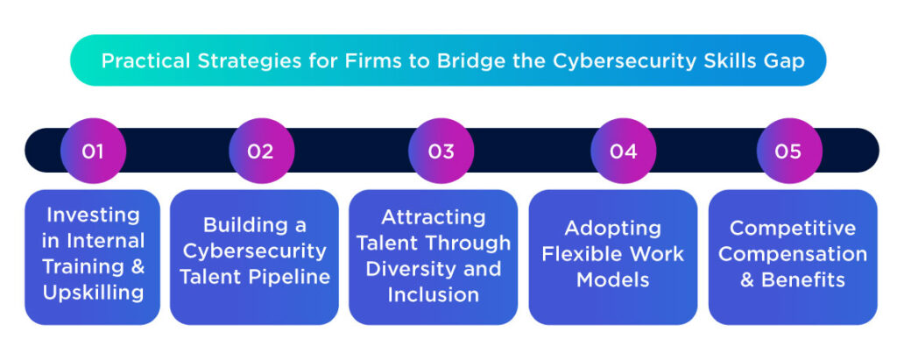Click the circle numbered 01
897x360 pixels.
[93, 152]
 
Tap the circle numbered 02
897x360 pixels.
[260, 152]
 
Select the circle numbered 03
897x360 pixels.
[441, 152]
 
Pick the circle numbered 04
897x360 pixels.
[623, 152]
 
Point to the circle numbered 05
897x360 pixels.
[788, 152]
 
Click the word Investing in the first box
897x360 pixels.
[93, 215]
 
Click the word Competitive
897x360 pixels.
[793, 228]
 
